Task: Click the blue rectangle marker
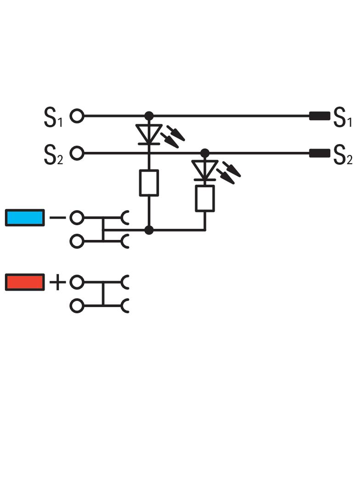click(25, 217)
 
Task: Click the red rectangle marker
click(25, 282)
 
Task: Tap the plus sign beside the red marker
click(58, 283)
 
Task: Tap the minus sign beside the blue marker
click(58, 217)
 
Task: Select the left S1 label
click(53, 117)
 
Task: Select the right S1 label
click(343, 117)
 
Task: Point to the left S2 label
click(53, 155)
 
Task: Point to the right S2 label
click(343, 155)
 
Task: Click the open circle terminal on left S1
click(77, 116)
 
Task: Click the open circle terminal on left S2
click(77, 153)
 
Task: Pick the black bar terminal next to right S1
click(320, 116)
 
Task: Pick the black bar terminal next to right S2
click(320, 153)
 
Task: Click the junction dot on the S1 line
click(149, 116)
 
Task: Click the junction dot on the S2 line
click(205, 153)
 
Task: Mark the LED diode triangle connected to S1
click(149, 134)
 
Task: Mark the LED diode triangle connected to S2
click(205, 170)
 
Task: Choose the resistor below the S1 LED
click(149, 183)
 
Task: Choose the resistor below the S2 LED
click(205, 198)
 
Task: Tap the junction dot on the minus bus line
click(149, 230)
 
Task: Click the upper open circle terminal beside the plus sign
click(77, 282)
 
